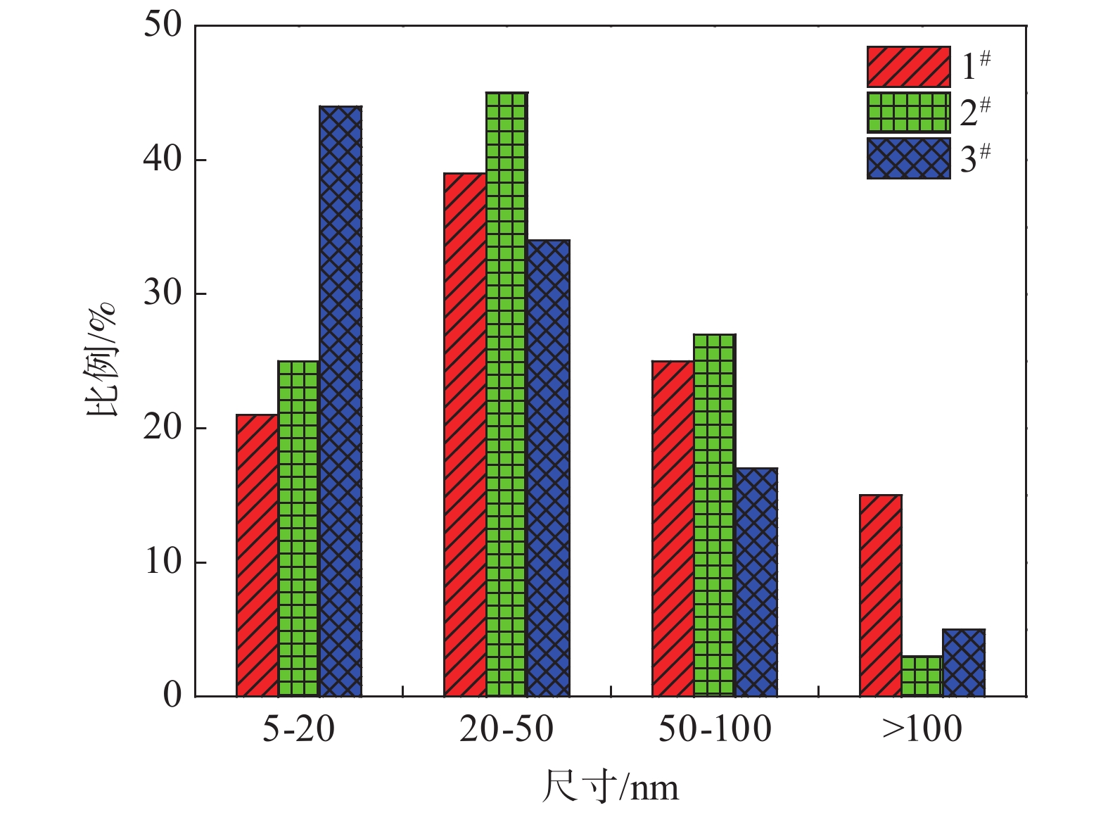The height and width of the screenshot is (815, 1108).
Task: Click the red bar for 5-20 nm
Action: tap(257, 555)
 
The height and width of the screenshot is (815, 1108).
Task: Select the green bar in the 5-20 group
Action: tap(298, 529)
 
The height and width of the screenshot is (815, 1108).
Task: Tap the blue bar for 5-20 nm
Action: tap(340, 401)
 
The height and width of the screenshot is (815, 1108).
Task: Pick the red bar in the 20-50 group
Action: tap(464, 434)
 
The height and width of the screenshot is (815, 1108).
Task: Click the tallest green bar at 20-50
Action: tap(506, 394)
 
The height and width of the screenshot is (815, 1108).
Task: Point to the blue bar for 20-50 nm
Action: tap(548, 468)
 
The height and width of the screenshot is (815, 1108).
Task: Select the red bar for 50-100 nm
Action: tap(673, 529)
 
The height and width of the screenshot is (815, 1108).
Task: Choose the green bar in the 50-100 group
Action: tap(714, 515)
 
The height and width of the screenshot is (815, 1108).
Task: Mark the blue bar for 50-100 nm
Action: tap(756, 582)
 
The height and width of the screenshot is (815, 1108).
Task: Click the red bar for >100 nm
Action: tap(880, 595)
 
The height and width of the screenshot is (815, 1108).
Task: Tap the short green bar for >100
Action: tap(922, 676)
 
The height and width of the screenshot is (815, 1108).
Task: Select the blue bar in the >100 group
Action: tap(964, 663)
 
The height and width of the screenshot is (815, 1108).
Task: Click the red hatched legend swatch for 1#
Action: tap(908, 67)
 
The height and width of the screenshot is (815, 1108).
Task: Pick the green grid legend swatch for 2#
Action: tap(908, 113)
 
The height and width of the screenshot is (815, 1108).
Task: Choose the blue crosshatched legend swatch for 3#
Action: tap(908, 158)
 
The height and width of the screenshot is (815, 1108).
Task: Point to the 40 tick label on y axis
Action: tap(163, 160)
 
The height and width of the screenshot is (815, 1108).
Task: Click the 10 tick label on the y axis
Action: tap(163, 562)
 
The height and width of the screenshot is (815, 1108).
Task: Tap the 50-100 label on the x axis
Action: tap(714, 729)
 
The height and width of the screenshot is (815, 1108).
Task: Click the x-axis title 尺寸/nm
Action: tap(610, 787)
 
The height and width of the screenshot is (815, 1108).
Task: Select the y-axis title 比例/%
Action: tap(100, 360)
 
